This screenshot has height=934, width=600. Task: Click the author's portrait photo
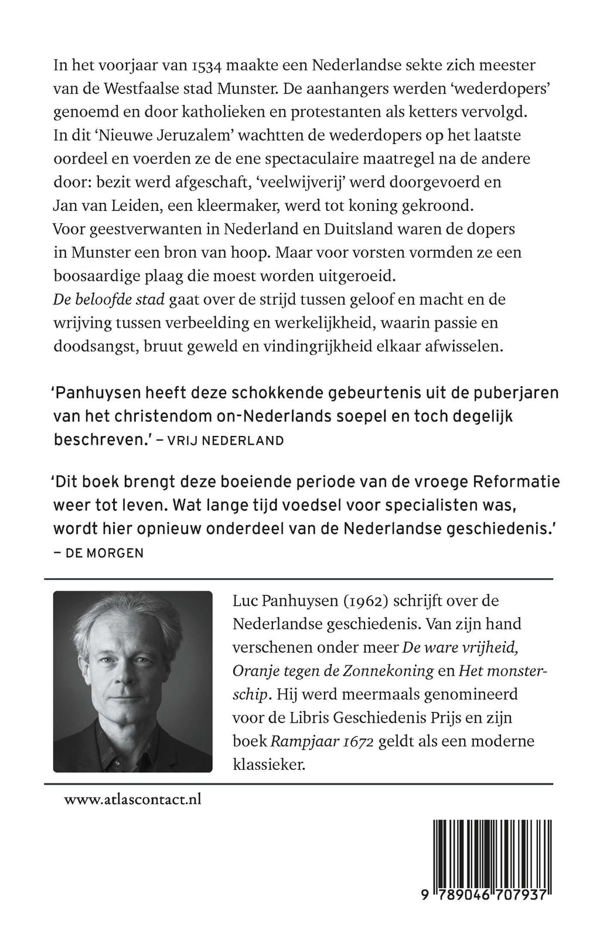tap(132, 681)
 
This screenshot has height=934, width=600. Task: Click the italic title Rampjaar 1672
tap(322, 741)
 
